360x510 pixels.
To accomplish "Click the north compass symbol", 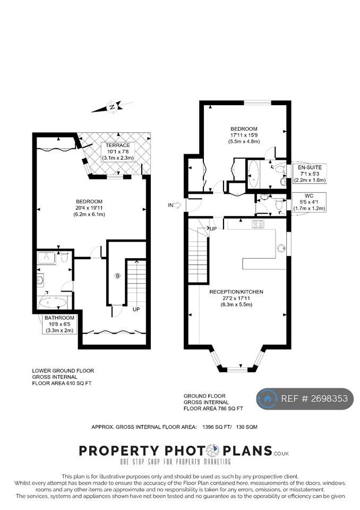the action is [112, 107].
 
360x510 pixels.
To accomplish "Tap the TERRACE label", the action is [118, 146].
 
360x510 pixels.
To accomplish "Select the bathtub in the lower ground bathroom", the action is [53, 303].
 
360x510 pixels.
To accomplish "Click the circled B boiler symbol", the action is [117, 276].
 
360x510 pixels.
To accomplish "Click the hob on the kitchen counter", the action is [259, 224].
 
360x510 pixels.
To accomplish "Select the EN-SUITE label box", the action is [310, 174].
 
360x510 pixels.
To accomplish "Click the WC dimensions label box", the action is [309, 202].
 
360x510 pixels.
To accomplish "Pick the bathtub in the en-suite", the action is [254, 174].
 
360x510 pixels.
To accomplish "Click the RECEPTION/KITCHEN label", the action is [236, 292].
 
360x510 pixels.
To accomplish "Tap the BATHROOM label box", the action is [59, 324].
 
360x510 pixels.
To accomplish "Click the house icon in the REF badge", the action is [267, 398].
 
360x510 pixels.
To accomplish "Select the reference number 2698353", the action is [329, 398].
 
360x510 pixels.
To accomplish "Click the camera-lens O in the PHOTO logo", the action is [213, 451].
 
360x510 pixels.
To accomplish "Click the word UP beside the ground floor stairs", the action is [213, 228].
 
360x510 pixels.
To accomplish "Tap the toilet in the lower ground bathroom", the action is [64, 257].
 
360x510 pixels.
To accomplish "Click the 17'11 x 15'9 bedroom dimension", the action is [244, 135].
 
